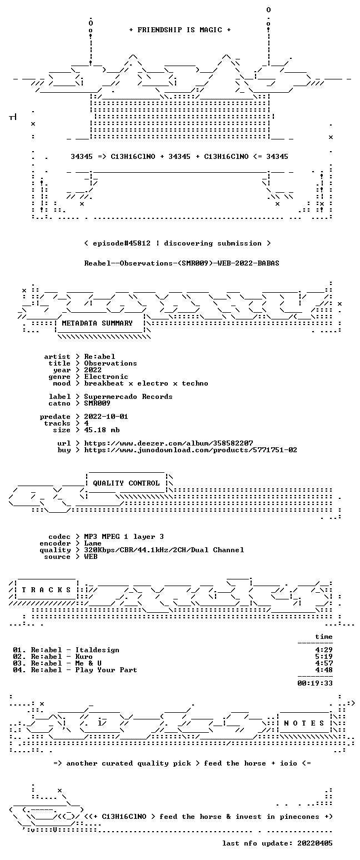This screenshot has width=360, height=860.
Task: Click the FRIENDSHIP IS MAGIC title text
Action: (x=180, y=30)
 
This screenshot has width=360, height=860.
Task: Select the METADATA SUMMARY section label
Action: (x=97, y=323)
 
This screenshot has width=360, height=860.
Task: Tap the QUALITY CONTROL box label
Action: (x=126, y=483)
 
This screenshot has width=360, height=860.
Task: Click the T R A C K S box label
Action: (x=47, y=590)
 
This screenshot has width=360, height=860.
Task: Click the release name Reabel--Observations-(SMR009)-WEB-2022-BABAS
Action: (x=182, y=263)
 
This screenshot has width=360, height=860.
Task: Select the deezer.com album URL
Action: (x=168, y=443)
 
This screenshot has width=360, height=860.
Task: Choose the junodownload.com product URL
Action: (x=191, y=450)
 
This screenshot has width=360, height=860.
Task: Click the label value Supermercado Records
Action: (x=128, y=397)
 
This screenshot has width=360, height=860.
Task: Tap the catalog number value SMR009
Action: (x=97, y=403)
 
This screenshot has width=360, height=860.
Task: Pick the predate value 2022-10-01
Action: (x=106, y=417)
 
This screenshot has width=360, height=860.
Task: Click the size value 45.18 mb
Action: (x=102, y=430)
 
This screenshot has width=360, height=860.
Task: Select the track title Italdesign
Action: (x=97, y=650)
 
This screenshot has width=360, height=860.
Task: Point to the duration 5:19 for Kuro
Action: (x=324, y=657)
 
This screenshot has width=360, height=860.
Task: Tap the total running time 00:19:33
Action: (x=315, y=683)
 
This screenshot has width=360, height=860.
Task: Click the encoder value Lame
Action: (x=93, y=544)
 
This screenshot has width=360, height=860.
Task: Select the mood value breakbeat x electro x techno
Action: (x=146, y=383)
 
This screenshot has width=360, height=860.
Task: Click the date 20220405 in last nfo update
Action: (x=315, y=843)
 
